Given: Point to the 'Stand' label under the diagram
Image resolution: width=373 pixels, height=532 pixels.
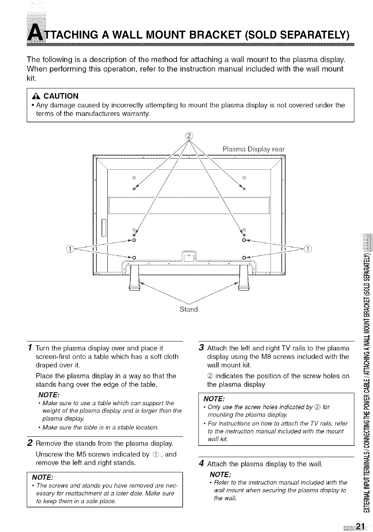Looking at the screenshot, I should click(188, 309).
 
